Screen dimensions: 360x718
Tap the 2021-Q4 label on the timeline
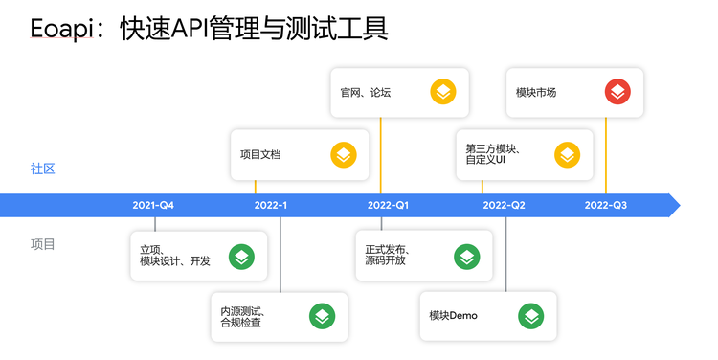[153, 206]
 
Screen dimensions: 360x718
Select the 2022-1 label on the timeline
[271, 206]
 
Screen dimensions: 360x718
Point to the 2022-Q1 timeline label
[388, 206]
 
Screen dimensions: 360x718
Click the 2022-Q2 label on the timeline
[504, 206]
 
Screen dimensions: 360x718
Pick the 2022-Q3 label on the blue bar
[605, 206]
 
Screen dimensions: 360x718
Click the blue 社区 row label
[43, 169]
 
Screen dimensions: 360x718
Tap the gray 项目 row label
[43, 244]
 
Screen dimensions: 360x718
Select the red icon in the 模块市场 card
[617, 92]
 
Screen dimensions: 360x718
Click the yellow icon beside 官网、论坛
[442, 92]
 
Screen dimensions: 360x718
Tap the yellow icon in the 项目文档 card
[343, 154]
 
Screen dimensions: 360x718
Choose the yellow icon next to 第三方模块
[567, 154]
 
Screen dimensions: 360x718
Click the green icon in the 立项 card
[241, 256]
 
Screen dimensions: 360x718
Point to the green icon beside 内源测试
[321, 316]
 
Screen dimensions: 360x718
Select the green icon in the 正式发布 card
[466, 256]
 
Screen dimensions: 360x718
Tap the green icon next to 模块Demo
[530, 316]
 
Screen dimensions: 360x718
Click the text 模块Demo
[453, 316]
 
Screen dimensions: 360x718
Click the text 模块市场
[536, 93]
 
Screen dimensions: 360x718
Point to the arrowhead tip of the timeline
[679, 205]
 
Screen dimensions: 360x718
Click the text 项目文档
[260, 154]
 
